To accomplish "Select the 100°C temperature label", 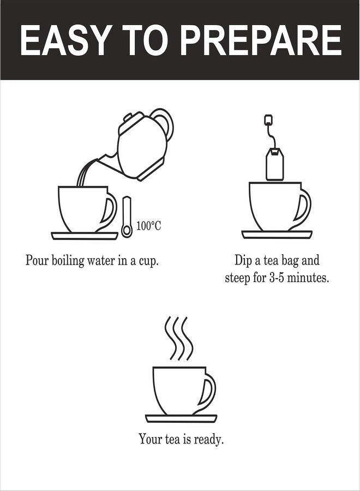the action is pos(149,225).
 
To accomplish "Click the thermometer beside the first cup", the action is pos(127,217).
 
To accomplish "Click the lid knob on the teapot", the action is pos(128,118).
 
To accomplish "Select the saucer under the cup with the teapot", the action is pos(85,236).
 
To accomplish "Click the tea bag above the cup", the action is pos(275,164).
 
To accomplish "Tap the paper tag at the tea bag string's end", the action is pos(268,120).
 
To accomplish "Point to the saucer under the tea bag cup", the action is pos(277,235).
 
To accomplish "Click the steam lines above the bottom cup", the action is pos(179,338).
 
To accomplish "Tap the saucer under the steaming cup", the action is pos(181,418).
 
